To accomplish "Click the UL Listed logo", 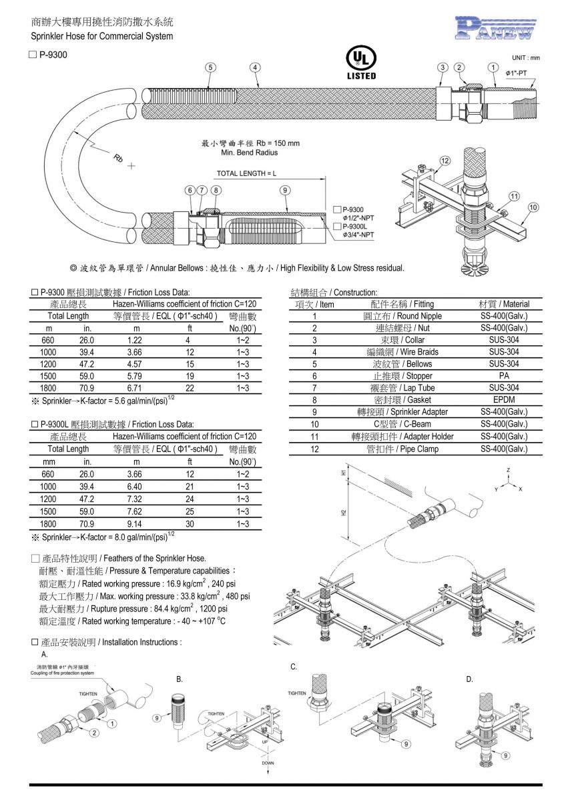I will pos(361,62).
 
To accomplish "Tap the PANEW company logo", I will pos(495,27).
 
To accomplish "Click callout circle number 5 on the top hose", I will pos(210,67).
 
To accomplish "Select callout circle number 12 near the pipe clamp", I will pos(445,161).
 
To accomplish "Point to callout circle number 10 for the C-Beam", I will pos(533,207).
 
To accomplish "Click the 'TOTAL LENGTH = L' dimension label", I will pos(246,173).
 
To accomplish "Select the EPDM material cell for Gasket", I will pos(504,400).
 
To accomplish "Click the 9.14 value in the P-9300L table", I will pos(136,524).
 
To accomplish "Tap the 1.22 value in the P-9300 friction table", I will pos(136,340).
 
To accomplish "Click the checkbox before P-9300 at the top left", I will pos(33,57).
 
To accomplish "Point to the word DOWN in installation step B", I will pos(268,763).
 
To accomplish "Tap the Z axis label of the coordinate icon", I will pos(509,470).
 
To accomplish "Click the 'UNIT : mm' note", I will pos(526,58).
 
